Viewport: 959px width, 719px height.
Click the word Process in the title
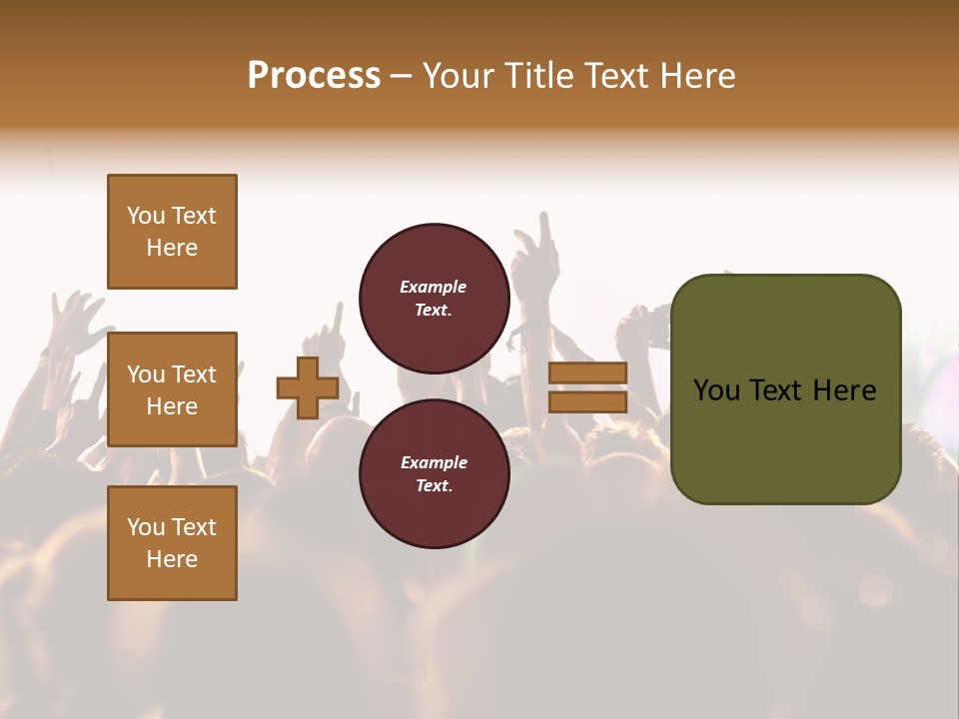(314, 76)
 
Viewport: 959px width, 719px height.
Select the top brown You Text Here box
(172, 232)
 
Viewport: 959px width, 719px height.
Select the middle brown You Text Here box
(172, 389)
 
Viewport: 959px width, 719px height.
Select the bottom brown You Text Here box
(172, 543)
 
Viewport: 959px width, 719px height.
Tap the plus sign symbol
(308, 387)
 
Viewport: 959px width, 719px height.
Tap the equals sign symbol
(587, 387)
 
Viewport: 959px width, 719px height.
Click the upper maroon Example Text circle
(434, 299)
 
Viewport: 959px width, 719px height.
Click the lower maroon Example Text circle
(434, 474)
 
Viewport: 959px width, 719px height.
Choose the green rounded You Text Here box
(785, 389)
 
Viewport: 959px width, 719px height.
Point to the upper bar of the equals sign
(587, 373)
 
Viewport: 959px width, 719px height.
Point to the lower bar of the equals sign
(587, 401)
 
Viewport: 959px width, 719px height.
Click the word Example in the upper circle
(434, 287)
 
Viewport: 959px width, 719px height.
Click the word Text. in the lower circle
(434, 486)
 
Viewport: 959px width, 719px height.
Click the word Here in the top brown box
(172, 248)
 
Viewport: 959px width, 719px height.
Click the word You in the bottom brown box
(146, 527)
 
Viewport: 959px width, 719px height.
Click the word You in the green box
(716, 390)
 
